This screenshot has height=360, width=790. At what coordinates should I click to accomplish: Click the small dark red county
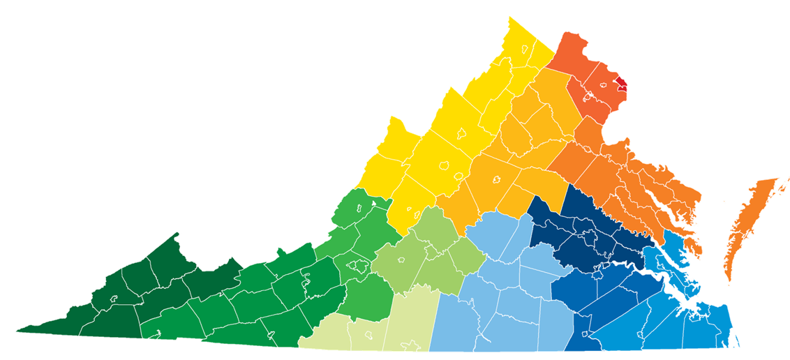620,85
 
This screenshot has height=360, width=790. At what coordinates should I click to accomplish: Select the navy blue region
579,230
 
